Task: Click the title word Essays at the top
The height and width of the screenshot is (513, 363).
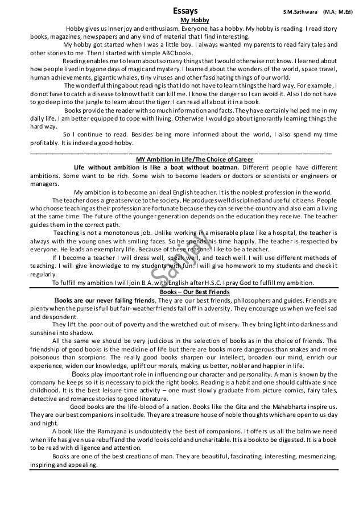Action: [x=185, y=10]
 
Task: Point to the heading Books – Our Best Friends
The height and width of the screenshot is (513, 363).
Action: [x=182, y=291]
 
